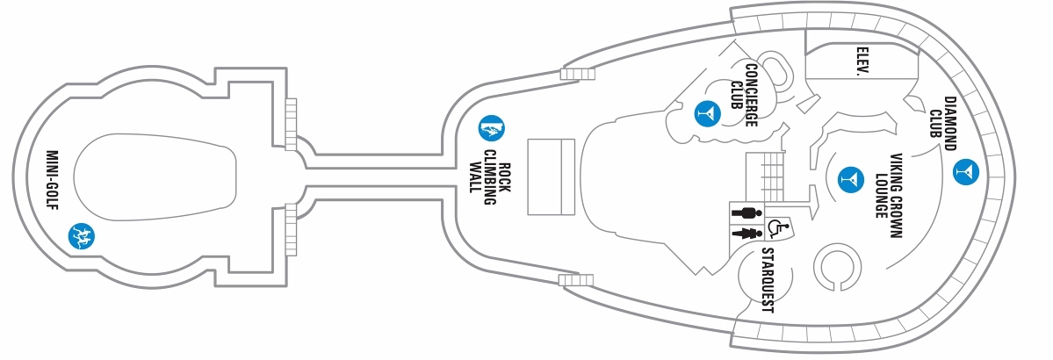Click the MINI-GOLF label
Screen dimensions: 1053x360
pos(53,179)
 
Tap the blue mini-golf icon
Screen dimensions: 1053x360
pos(82,235)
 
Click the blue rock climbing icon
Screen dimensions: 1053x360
pos(492,127)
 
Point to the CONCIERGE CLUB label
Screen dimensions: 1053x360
pos(743,96)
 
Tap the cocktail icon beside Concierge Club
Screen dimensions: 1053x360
pos(707,113)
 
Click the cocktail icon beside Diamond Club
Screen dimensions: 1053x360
pos(966,171)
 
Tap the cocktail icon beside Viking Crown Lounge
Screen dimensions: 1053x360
pos(851,179)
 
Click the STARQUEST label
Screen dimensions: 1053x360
pos(768,281)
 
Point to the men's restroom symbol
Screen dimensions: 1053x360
pos(746,212)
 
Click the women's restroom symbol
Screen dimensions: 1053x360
pos(746,233)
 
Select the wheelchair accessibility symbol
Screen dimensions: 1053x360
pos(776,228)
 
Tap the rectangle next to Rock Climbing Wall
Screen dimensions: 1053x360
pos(551,176)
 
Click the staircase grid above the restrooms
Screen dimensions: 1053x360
pos(765,176)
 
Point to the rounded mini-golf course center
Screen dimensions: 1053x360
pos(155,176)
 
